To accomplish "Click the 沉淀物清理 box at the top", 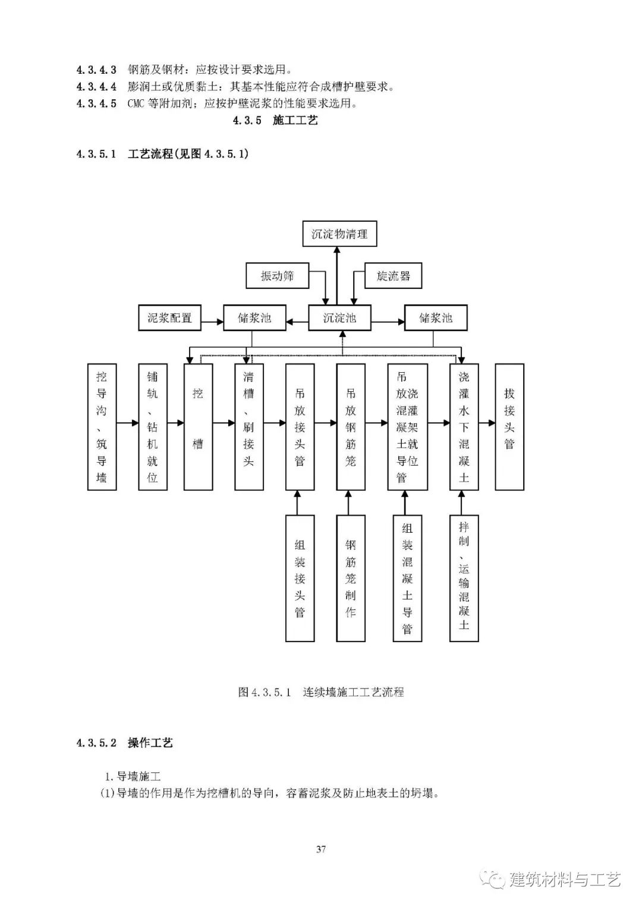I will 339,234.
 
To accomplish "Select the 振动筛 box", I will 278,276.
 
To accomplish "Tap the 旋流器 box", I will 393,276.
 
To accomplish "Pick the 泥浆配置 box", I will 169,318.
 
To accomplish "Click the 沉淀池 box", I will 339,318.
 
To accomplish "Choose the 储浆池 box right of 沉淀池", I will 436,318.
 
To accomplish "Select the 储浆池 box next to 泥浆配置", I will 254,318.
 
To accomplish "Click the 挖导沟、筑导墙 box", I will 102,427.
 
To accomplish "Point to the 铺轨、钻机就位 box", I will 153,427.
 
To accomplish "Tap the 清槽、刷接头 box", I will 249,427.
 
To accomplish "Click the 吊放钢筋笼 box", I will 351,427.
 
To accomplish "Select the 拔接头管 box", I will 509,427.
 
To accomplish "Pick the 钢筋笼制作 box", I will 351,578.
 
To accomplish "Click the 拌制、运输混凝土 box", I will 464,578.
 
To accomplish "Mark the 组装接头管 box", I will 300,578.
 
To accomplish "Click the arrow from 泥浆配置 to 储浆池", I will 212,322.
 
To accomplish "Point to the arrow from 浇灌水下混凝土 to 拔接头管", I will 487,423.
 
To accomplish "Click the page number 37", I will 321,849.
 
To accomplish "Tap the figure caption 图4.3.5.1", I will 321,692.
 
